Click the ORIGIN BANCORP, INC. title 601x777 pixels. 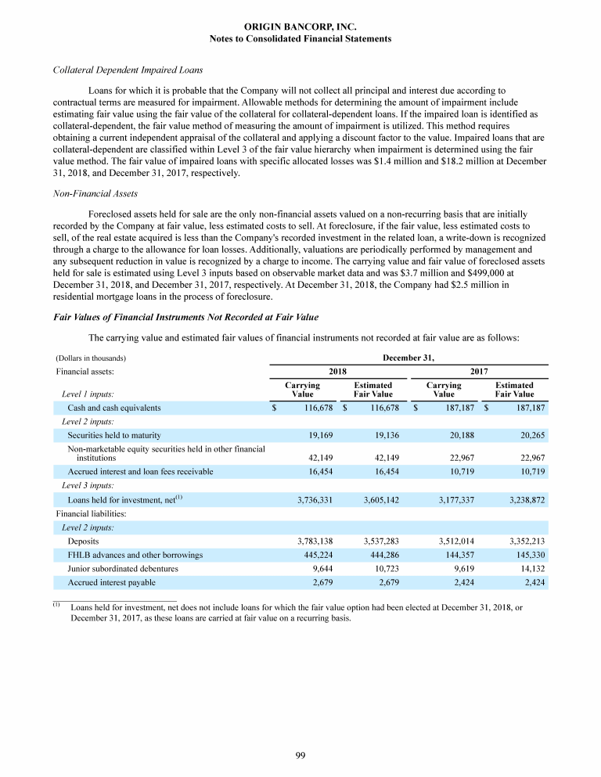[300, 27]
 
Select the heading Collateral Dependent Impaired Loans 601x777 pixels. [118, 69]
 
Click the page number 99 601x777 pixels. [300, 754]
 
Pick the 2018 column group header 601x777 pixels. [337, 372]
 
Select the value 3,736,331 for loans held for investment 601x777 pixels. [316, 498]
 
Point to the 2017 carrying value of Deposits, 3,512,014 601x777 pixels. [453, 541]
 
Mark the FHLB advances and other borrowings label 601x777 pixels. [135, 555]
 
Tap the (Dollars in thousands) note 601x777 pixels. [90, 358]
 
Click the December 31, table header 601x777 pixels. [408, 358]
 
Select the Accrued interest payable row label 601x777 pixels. [111, 583]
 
